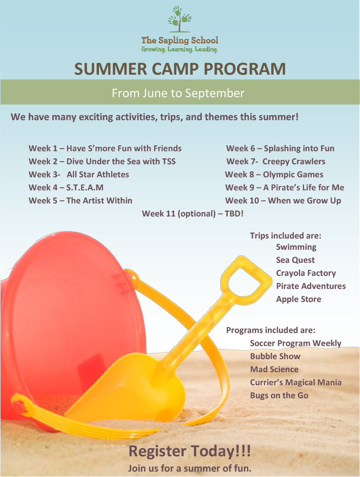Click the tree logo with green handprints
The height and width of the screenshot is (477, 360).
click(180, 19)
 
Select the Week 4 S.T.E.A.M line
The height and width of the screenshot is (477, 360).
click(66, 187)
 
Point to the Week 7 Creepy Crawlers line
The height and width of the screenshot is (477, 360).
click(276, 162)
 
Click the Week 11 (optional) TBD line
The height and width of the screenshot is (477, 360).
click(193, 214)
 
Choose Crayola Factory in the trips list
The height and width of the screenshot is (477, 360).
click(306, 273)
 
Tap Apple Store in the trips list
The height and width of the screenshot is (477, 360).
click(298, 299)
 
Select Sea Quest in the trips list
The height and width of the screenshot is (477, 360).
click(295, 260)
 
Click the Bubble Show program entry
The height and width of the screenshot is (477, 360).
click(275, 356)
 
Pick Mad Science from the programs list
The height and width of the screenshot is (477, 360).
click(274, 369)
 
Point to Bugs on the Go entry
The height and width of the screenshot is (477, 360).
click(279, 396)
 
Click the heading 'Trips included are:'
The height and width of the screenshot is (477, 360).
click(285, 236)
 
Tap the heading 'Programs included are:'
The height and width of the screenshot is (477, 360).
click(271, 330)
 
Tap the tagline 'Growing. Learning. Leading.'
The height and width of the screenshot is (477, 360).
click(180, 49)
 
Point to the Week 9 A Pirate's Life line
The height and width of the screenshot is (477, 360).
click(284, 188)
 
